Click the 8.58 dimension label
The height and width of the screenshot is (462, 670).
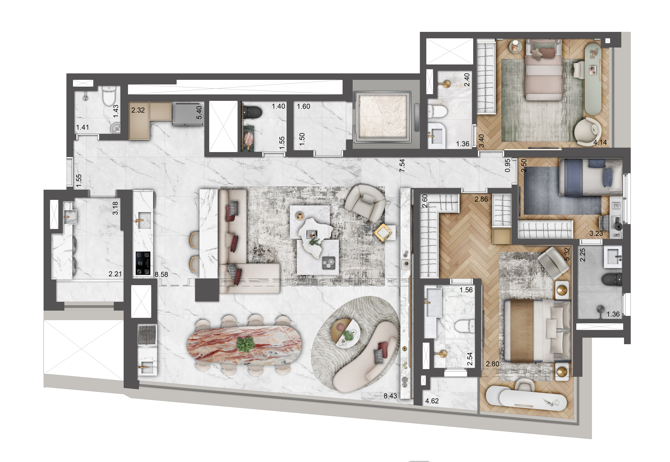pos(161,274)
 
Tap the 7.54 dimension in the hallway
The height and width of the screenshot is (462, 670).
pos(402,166)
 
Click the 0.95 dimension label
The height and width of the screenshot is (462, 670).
pos(507,166)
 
